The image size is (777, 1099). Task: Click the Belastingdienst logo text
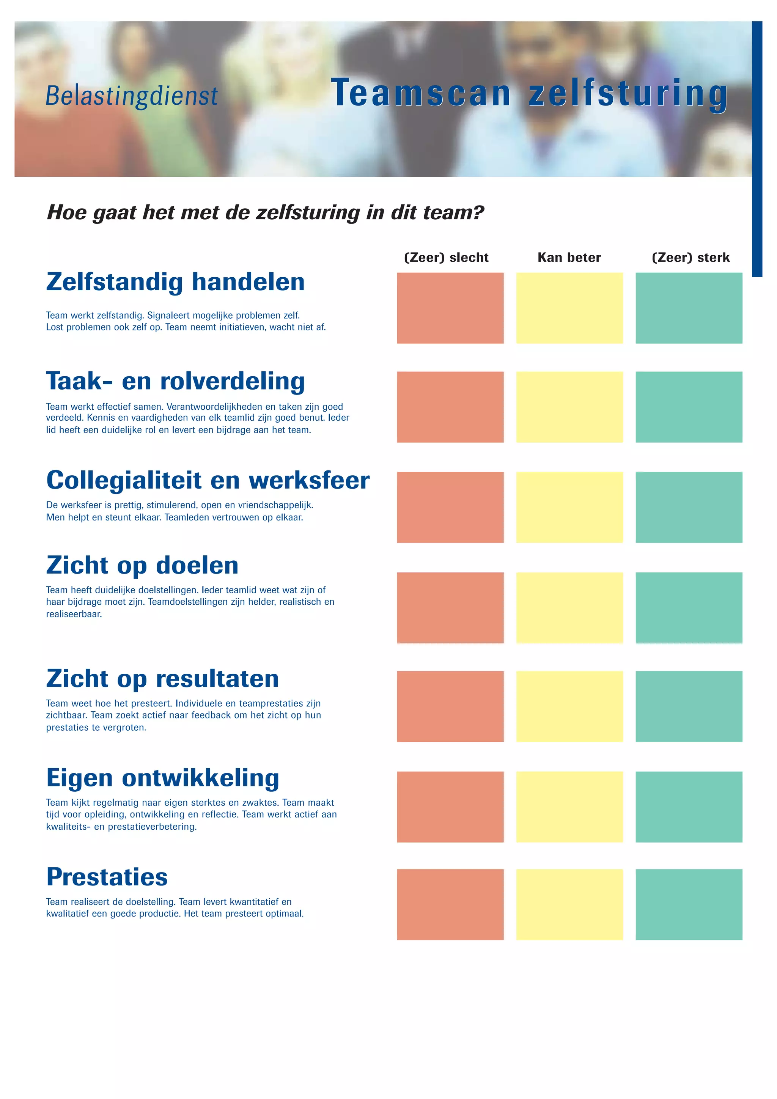coord(132,95)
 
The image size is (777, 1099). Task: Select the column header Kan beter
coord(569,258)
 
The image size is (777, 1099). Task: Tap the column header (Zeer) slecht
coord(446,258)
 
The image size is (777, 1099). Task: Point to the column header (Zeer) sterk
coord(690,258)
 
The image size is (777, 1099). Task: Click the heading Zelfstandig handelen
coord(175,282)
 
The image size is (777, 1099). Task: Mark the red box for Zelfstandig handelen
coord(450,308)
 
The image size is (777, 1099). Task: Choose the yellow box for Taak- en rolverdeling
coord(569,407)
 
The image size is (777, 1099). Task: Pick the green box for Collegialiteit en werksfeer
coord(689,507)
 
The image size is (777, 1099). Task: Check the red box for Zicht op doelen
coord(450,607)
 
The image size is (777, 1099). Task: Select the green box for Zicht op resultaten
coord(689,706)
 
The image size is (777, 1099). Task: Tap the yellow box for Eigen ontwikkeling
coord(569,807)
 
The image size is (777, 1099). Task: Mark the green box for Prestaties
coord(689,904)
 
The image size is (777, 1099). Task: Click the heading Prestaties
coord(107,877)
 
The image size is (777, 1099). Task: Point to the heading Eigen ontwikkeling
coord(163,778)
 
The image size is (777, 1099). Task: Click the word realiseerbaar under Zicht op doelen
coord(74,614)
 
